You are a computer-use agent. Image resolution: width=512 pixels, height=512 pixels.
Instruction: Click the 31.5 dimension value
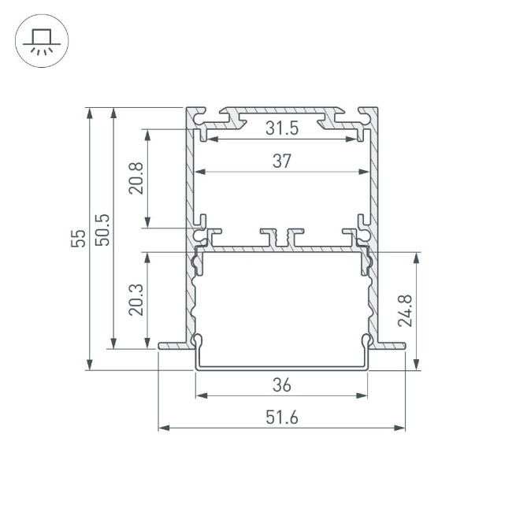point(282,128)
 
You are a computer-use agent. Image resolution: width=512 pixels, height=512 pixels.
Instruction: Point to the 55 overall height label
point(76,238)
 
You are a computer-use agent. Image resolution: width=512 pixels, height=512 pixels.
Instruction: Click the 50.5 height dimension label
point(102,228)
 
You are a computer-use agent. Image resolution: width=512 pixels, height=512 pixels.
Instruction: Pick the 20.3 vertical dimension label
point(135,300)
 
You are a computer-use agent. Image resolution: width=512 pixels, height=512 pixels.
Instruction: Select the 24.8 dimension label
point(403,310)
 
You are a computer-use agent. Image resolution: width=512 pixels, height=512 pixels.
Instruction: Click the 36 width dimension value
point(282,385)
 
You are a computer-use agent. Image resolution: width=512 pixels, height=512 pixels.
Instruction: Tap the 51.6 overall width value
point(282,418)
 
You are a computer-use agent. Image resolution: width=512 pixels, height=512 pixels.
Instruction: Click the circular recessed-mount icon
point(42,42)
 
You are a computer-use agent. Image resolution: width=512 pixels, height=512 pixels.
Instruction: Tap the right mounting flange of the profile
point(391,345)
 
